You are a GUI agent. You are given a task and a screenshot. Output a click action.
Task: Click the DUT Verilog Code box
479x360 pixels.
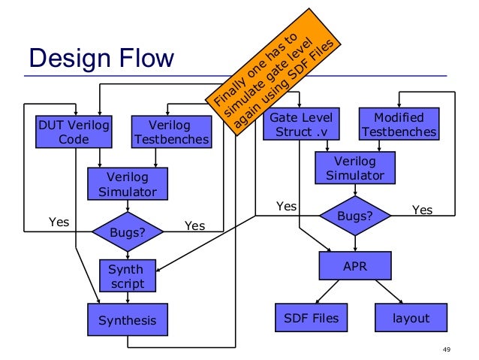coord(74,132)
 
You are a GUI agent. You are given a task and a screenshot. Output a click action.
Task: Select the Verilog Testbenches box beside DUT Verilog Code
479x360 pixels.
coord(170,132)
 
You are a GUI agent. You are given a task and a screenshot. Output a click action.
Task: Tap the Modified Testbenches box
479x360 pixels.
coord(399,125)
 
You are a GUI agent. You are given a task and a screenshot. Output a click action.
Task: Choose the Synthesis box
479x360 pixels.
coord(127,320)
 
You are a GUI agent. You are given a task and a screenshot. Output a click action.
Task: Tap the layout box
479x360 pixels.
coord(411,318)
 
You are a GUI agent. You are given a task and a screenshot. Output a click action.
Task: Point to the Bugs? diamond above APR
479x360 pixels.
coord(355,216)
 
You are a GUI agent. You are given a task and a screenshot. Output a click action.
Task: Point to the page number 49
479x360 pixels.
coord(448,349)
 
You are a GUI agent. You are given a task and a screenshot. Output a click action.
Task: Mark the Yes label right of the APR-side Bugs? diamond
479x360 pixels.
coord(423,210)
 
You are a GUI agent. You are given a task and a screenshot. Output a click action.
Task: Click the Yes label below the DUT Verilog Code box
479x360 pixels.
coord(59,222)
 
